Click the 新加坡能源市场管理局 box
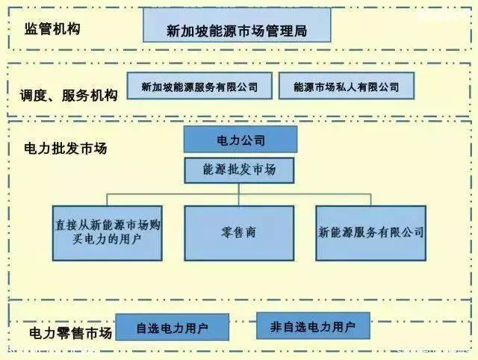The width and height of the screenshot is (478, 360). [237, 25]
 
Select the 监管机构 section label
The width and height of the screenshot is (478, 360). [52, 29]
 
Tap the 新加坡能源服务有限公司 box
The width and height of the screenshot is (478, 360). [199, 86]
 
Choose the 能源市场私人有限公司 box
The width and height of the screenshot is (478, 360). [347, 86]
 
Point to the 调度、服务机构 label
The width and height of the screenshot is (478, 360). [69, 96]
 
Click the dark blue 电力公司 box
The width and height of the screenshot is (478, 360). [240, 140]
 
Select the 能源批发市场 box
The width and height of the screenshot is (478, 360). [239, 170]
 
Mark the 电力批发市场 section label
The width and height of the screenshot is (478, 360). [66, 149]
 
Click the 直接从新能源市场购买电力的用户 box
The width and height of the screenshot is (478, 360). [108, 233]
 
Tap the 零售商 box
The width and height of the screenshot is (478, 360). [239, 233]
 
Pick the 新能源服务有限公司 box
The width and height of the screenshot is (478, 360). [370, 233]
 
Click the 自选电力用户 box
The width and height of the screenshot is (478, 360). [173, 327]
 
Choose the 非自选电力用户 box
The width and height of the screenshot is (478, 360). [313, 326]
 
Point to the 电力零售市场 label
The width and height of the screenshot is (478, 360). [71, 333]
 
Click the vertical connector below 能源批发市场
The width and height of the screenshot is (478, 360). [239, 194]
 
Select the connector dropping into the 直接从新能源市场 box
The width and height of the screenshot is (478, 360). [108, 200]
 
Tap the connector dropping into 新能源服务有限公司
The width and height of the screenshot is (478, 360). [370, 200]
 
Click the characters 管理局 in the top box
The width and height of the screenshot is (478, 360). [287, 31]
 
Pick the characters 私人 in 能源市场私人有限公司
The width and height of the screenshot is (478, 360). [346, 87]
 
